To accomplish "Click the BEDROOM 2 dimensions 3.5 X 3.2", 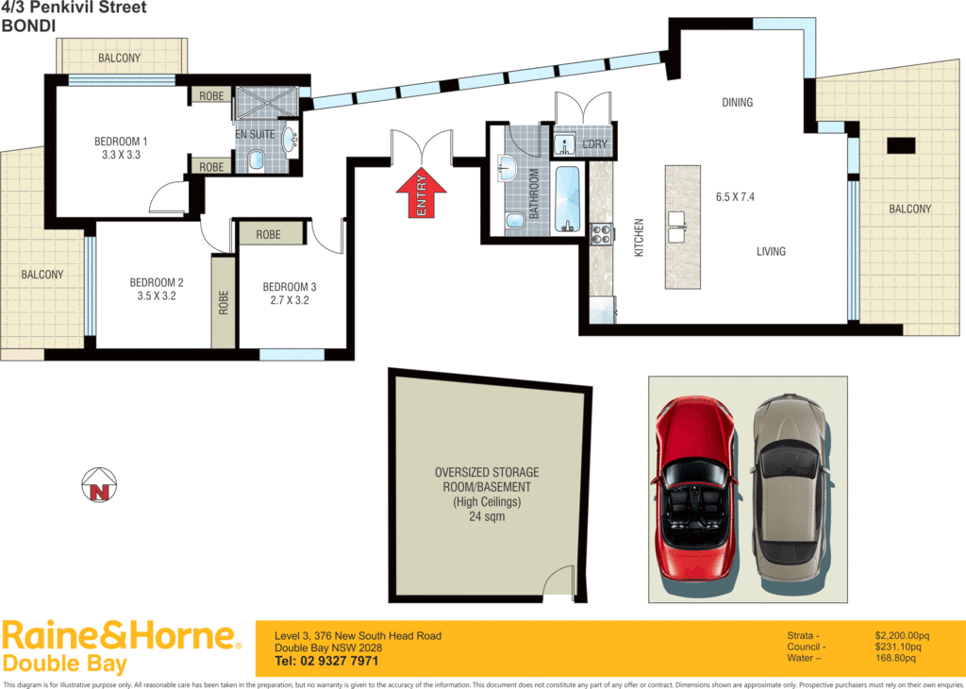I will (x=156, y=296).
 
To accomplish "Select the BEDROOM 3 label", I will (x=290, y=287).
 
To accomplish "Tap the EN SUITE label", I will (x=255, y=135).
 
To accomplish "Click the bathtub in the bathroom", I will (x=567, y=199).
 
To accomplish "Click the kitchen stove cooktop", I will (x=600, y=233).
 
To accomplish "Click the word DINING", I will (x=737, y=102).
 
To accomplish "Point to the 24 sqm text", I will (x=487, y=516).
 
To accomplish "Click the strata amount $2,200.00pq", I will (x=902, y=635).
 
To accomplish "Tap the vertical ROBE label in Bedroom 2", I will (x=224, y=302).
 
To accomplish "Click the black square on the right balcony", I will (x=901, y=145).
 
